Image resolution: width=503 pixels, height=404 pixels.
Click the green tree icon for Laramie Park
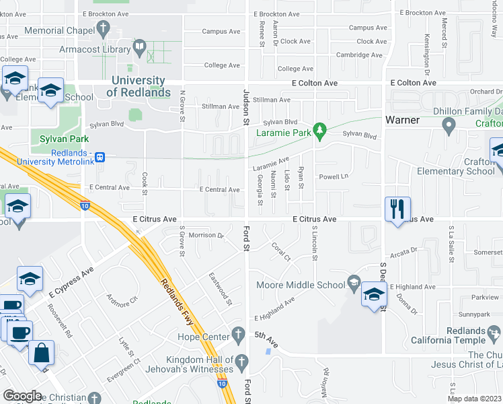pyautogui.click(x=321, y=128)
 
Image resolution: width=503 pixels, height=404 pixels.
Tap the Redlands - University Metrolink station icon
pyautogui.click(x=100, y=157)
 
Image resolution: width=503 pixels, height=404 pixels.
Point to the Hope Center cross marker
pyautogui.click(x=237, y=333)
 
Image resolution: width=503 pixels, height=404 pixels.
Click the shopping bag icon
pyautogui.click(x=42, y=352)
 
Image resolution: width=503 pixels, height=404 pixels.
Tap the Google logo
pyautogui.click(x=22, y=395)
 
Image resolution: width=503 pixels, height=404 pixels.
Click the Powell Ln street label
pyautogui.click(x=334, y=177)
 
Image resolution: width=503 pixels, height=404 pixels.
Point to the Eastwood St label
pyautogui.click(x=220, y=288)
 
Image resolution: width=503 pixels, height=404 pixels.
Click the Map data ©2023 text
pyautogui.click(x=474, y=399)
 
